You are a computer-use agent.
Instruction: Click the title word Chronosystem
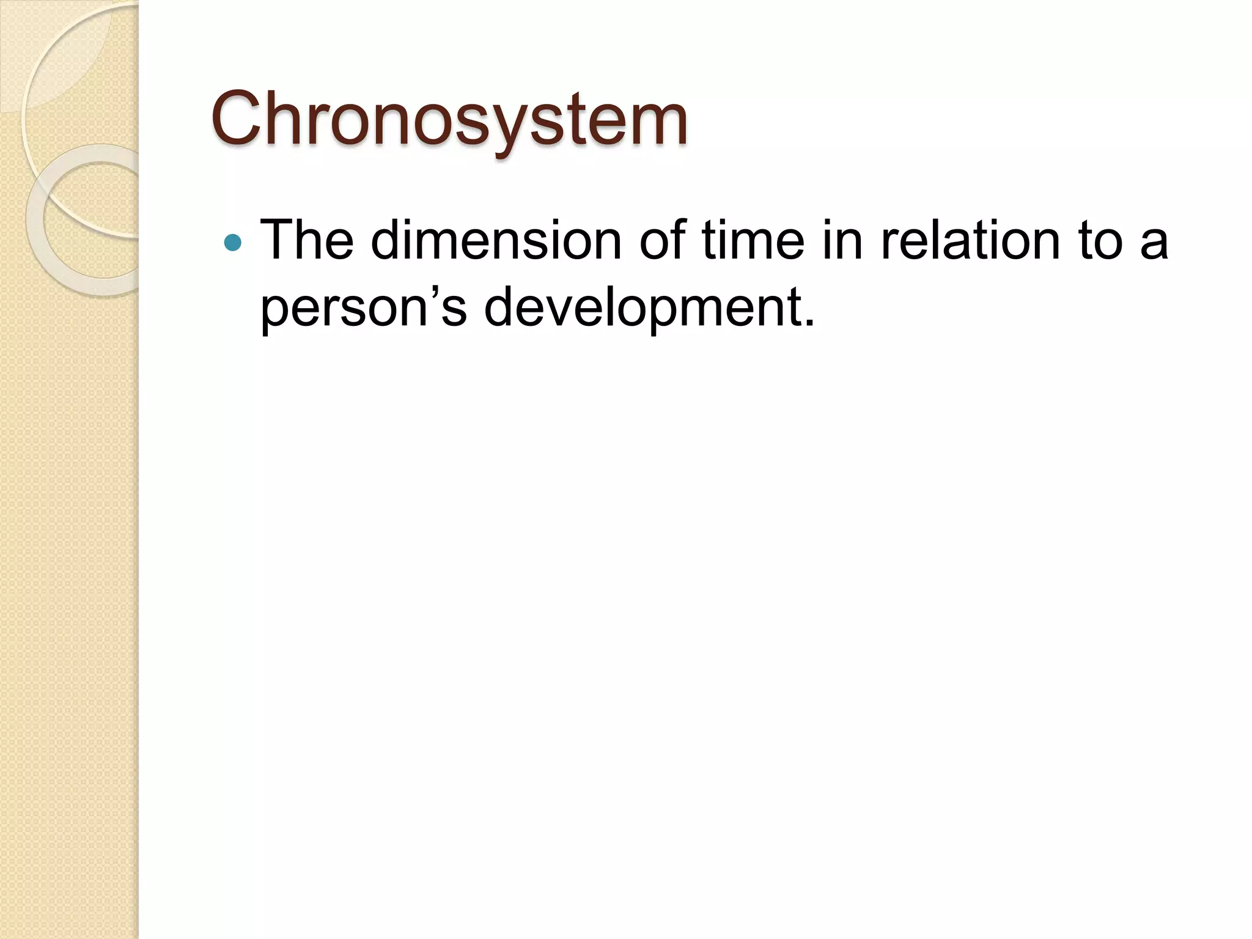point(449,119)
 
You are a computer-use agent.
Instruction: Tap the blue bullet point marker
point(233,243)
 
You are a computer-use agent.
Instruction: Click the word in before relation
point(842,240)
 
